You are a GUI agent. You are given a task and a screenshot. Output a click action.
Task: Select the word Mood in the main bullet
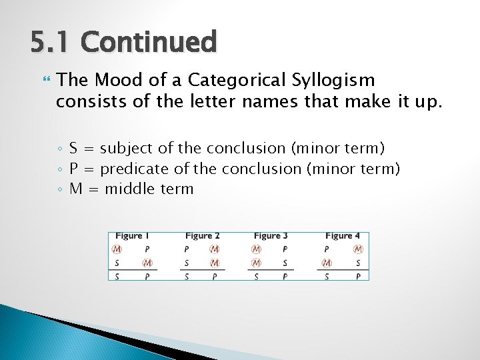[x=115, y=81]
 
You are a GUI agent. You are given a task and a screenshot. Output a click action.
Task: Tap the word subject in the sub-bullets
[x=125, y=148]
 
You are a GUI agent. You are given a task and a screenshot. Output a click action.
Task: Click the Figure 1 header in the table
[x=132, y=236]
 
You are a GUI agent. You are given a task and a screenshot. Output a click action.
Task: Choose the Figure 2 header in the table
[x=202, y=236]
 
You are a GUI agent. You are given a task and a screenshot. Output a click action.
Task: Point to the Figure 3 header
[x=271, y=236]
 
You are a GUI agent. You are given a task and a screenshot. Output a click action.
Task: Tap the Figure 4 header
[x=342, y=236]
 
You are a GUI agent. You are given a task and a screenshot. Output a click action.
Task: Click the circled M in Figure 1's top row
[x=117, y=249]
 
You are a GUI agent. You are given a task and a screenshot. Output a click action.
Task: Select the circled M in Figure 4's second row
[x=327, y=263]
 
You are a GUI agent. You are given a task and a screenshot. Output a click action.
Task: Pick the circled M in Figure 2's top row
[x=215, y=249]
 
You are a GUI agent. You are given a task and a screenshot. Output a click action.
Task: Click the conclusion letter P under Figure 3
[x=285, y=276]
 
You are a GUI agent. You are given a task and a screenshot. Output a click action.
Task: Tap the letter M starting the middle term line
[x=76, y=189]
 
